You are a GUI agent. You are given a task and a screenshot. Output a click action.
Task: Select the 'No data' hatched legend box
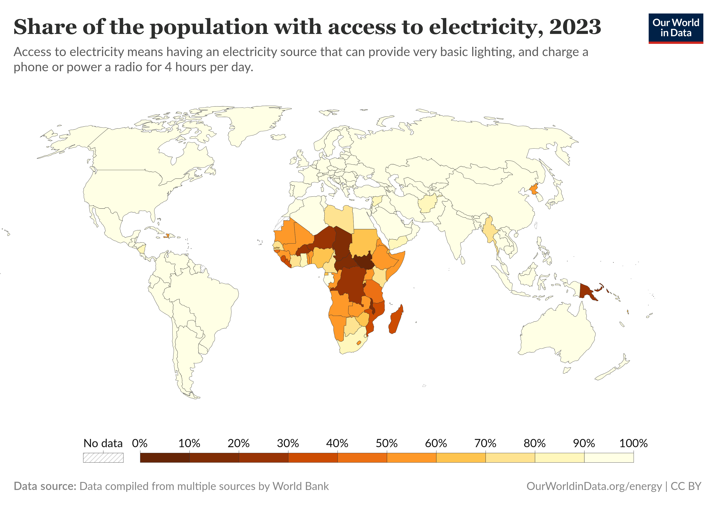click(x=103, y=458)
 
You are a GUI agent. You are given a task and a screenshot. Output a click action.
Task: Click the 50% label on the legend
click(x=386, y=443)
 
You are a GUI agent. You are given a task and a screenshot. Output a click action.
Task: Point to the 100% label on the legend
click(x=633, y=443)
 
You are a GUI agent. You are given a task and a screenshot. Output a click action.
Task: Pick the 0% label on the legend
click(x=140, y=443)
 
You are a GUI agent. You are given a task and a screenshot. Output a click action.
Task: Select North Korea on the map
click(x=534, y=189)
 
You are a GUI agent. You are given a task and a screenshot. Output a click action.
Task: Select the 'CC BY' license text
click(x=686, y=486)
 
